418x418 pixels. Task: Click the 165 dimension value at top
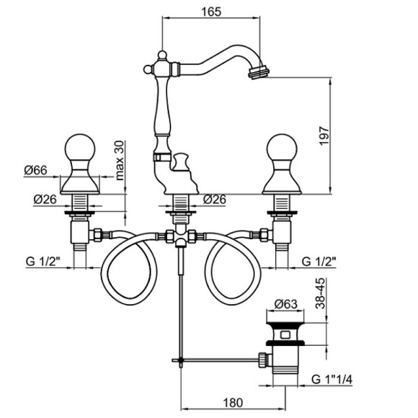click(211, 12)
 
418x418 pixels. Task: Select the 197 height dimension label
click(324, 136)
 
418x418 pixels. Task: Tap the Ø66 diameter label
click(36, 170)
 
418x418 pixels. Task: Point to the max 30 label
click(120, 161)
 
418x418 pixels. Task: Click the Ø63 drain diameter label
click(286, 304)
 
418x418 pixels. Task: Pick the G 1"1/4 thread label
click(332, 379)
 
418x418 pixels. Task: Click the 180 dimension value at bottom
click(233, 403)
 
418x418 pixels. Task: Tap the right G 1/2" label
click(319, 262)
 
